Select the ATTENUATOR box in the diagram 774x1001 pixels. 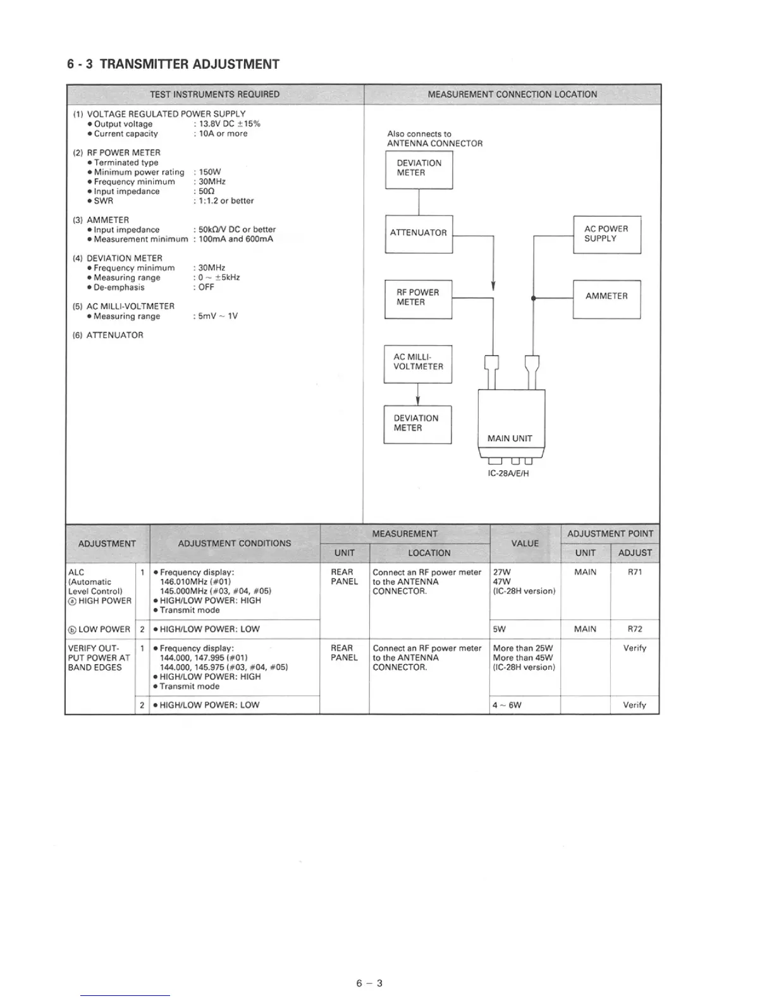(x=419, y=233)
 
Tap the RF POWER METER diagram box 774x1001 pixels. (x=418, y=298)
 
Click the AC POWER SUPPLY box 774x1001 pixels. (x=606, y=234)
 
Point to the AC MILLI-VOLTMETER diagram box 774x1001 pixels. (x=418, y=363)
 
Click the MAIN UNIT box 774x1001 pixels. (x=511, y=420)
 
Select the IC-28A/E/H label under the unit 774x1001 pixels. (x=508, y=473)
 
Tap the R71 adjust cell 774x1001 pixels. (x=634, y=573)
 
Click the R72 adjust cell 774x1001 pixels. (x=634, y=629)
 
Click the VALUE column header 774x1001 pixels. (x=525, y=543)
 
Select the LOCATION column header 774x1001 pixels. (x=429, y=553)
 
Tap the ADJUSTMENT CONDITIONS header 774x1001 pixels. (x=235, y=543)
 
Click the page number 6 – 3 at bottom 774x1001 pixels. (x=369, y=983)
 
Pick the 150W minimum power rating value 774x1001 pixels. (x=210, y=172)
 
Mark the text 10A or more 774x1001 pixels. (x=223, y=134)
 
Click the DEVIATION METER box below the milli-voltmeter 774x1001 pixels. (x=417, y=424)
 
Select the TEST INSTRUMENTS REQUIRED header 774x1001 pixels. (x=214, y=95)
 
